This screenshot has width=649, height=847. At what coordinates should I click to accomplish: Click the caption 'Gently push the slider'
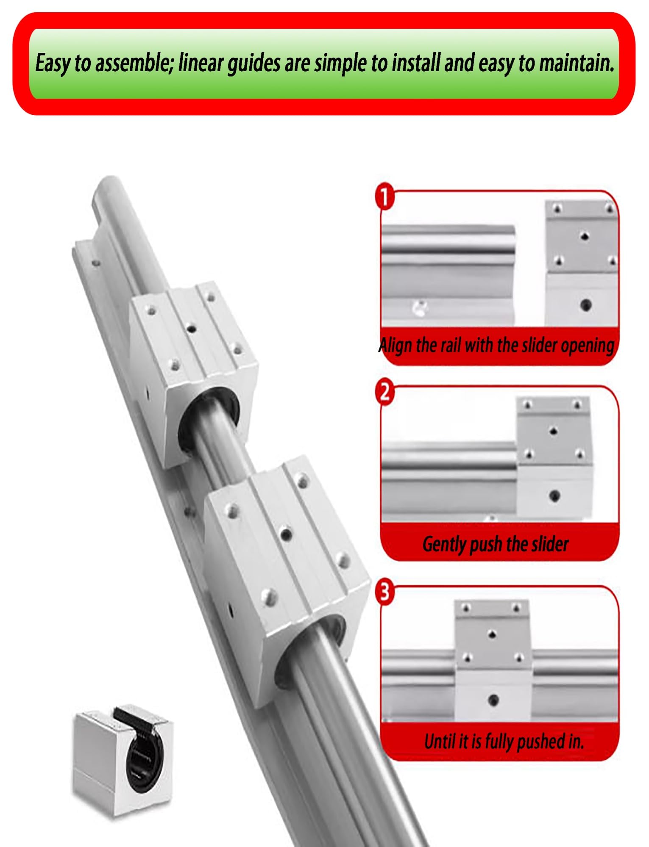click(495, 544)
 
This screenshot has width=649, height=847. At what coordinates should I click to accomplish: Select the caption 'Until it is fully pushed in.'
click(504, 741)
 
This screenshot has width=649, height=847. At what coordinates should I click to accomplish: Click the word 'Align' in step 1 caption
click(396, 345)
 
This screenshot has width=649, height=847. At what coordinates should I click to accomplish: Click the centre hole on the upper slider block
click(192, 328)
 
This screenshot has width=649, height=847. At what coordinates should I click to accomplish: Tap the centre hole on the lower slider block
click(287, 533)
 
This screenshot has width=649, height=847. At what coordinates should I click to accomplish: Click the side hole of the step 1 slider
click(586, 304)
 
